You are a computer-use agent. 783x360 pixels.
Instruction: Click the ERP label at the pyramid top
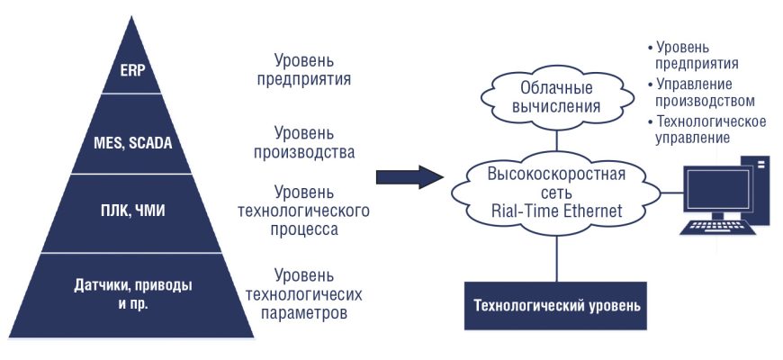131,70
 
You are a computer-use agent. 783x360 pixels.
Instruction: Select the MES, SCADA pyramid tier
131,142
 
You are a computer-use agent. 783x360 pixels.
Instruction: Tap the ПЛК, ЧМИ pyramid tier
131,213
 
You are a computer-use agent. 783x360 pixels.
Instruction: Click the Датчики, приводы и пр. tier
131,293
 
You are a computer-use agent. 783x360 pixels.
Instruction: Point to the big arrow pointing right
409,175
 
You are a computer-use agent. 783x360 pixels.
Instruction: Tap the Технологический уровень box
557,305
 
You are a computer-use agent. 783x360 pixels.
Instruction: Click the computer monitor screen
716,190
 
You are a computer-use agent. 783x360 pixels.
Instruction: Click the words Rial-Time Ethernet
555,211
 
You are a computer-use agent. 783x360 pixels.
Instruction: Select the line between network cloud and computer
670,192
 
